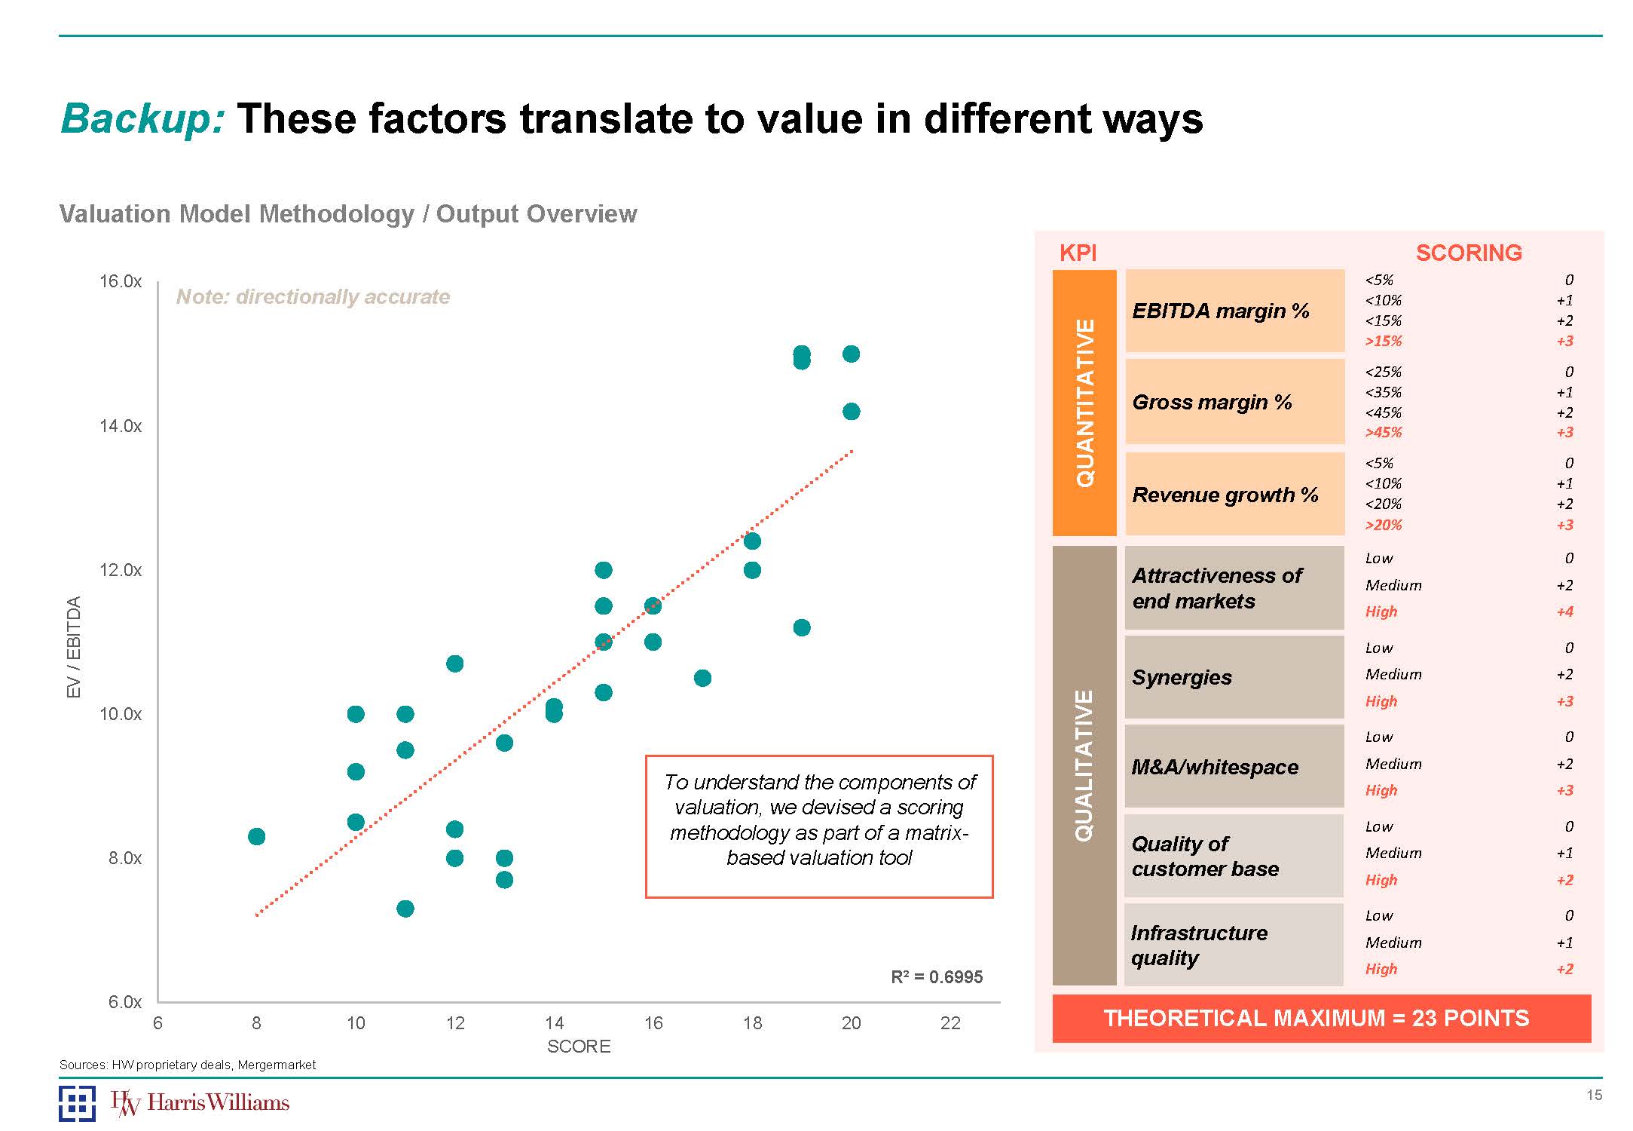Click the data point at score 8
click(x=256, y=836)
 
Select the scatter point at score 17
click(x=702, y=678)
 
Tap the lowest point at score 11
click(x=405, y=908)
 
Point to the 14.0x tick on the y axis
click(x=121, y=426)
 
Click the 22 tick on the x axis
click(x=950, y=1023)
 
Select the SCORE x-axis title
click(x=579, y=1047)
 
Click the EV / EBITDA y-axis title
click(x=73, y=647)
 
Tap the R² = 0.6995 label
click(x=937, y=977)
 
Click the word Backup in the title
click(x=142, y=119)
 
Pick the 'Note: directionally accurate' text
click(x=313, y=296)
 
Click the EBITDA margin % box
click(x=1234, y=311)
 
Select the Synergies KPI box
click(x=1234, y=677)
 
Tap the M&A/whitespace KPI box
click(x=1234, y=767)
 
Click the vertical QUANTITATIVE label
click(x=1084, y=403)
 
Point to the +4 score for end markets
click(x=1564, y=611)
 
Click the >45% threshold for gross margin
click(x=1384, y=433)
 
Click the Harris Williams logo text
click(x=217, y=1103)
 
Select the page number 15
click(x=1594, y=1095)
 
